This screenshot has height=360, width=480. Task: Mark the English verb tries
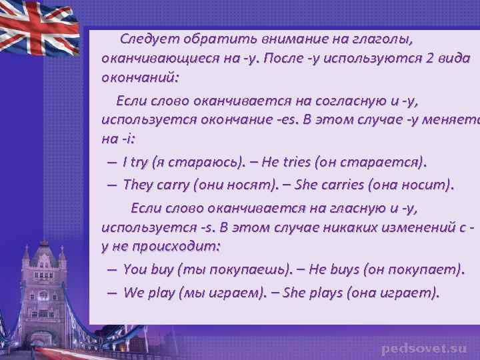(x=295, y=162)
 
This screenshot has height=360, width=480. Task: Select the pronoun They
(x=139, y=184)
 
